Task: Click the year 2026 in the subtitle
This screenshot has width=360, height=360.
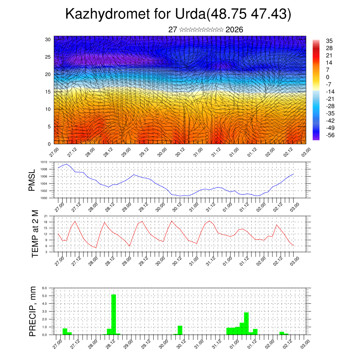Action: tap(234, 30)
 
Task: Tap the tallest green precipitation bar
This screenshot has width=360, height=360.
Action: tap(114, 314)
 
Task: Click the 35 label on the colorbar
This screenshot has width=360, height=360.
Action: tap(329, 41)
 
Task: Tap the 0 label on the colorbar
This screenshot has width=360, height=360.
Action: tap(328, 77)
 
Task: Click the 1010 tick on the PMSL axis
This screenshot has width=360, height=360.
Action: tap(44, 162)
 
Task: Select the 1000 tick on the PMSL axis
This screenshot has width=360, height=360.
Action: tap(44, 198)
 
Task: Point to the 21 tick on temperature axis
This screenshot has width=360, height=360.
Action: tap(46, 216)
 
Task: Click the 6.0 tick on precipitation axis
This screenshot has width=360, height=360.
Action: tap(45, 288)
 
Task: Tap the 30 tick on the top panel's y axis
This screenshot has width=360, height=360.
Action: tap(48, 39)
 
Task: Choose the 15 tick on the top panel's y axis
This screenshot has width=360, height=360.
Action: tap(48, 92)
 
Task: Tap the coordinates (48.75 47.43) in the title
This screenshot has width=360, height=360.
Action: tap(249, 14)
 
